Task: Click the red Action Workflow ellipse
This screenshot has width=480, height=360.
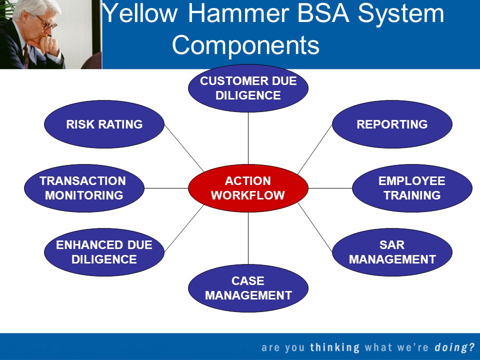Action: (x=248, y=188)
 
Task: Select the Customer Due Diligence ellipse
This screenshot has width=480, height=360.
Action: (x=248, y=88)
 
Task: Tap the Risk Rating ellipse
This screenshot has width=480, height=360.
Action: (x=104, y=124)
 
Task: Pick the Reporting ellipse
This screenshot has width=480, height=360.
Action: (x=392, y=124)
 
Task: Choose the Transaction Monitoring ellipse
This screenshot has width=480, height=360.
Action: (x=84, y=188)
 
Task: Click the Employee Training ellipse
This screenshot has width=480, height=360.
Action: (x=412, y=188)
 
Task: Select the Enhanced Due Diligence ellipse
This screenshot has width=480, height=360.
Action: (x=104, y=252)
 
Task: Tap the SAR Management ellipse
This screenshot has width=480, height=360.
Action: (x=392, y=252)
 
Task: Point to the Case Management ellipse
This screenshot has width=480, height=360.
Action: (x=248, y=288)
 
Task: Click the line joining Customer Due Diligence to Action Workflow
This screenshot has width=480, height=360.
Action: (x=248, y=138)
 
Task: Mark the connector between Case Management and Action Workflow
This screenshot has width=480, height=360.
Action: (x=248, y=238)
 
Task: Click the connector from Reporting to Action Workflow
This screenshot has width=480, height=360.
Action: (x=315, y=149)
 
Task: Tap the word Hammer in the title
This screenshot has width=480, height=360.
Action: (x=238, y=13)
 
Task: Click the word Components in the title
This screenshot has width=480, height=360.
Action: (x=245, y=45)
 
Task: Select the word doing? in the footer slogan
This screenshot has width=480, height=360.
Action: (x=454, y=348)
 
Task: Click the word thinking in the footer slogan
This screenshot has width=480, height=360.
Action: (x=335, y=347)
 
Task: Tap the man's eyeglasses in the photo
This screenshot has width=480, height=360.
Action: (x=46, y=23)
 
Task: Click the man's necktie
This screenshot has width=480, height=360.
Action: (x=26, y=55)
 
